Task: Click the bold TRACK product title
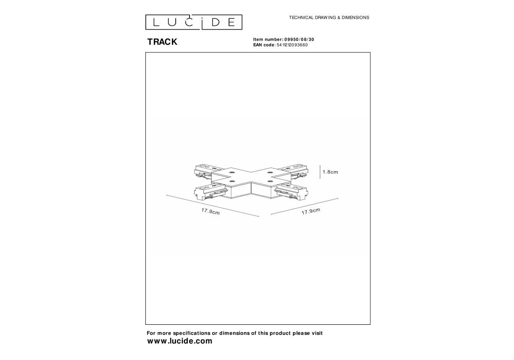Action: [x=162, y=42]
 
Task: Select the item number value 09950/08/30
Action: [x=299, y=39]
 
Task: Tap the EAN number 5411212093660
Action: [x=292, y=45]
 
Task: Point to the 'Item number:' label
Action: [x=268, y=39]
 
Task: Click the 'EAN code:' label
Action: [x=264, y=45]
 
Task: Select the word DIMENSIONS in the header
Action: [x=355, y=18]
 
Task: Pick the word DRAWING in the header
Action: [x=325, y=18]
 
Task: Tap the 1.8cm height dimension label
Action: [x=330, y=172]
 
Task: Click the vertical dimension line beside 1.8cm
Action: [x=320, y=172]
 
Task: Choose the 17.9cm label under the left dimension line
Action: [x=210, y=211]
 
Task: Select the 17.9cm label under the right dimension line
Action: [x=311, y=211]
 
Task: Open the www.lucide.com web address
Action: [x=180, y=341]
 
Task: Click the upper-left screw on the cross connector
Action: [x=231, y=172]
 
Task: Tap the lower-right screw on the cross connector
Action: [x=270, y=181]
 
